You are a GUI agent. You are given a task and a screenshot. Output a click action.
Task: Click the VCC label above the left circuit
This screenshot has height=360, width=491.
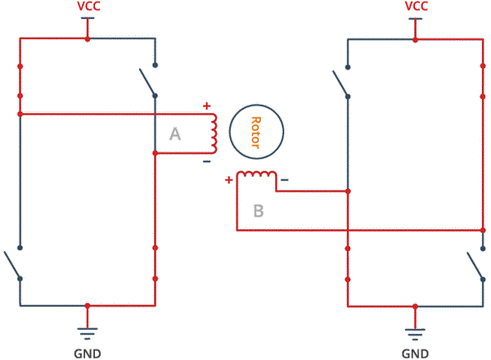(x=88, y=7)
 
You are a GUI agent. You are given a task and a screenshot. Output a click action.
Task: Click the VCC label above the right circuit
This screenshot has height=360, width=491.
(x=417, y=7)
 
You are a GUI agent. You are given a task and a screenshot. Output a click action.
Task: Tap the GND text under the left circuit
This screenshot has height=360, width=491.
(x=88, y=353)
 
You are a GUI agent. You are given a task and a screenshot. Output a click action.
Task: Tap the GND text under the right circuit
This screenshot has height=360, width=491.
(x=415, y=353)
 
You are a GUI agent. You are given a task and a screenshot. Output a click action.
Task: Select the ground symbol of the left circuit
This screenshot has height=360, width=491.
(x=88, y=333)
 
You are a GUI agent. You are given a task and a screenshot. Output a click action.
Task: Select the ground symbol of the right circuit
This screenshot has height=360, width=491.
(x=415, y=334)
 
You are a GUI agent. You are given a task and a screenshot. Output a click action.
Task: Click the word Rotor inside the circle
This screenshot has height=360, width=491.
(x=256, y=133)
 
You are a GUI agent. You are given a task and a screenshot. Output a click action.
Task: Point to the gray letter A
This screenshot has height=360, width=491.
(x=175, y=134)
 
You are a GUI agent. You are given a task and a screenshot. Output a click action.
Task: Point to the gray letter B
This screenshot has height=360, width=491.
(x=259, y=210)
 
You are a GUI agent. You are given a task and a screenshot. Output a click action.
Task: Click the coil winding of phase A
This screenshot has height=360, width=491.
(x=214, y=133)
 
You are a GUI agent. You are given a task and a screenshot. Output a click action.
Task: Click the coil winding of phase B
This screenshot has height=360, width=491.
(x=256, y=173)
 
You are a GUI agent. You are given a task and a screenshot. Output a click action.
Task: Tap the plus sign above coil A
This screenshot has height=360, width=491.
(x=207, y=106)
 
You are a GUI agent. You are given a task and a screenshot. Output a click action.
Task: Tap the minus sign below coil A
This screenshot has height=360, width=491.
(x=207, y=161)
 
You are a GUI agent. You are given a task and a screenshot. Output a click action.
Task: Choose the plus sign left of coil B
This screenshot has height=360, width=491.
(x=229, y=180)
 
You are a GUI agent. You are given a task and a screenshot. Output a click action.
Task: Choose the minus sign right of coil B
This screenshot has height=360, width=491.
(x=284, y=180)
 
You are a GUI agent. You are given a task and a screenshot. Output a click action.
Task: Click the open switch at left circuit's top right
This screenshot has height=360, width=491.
(x=148, y=81)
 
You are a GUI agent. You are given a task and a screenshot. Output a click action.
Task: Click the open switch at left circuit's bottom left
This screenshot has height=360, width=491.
(x=12, y=263)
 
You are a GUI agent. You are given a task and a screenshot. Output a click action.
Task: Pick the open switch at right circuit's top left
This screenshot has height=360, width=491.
(x=340, y=83)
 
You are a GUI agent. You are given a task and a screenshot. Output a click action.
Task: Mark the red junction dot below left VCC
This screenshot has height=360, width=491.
(x=88, y=39)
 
